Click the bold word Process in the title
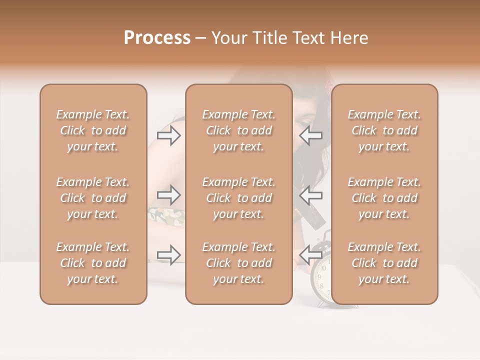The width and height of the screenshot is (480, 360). (x=157, y=38)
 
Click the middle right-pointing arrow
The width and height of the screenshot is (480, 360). (x=169, y=194)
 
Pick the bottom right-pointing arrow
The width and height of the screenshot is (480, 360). (x=169, y=254)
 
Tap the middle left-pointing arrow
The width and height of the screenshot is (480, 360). (x=310, y=194)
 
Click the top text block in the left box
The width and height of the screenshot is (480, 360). (x=93, y=130)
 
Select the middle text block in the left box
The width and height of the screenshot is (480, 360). (x=93, y=198)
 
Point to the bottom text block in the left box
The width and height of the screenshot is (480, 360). (x=93, y=263)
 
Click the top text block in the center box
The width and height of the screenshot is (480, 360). (x=238, y=130)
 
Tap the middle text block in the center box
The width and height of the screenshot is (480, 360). (x=238, y=198)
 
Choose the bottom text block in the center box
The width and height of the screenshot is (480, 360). (x=238, y=263)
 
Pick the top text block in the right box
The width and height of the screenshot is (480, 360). (x=384, y=130)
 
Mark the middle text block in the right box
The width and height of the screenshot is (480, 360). (x=384, y=198)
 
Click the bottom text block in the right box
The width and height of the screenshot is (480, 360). (x=384, y=263)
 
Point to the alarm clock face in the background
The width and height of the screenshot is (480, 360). (x=322, y=280)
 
